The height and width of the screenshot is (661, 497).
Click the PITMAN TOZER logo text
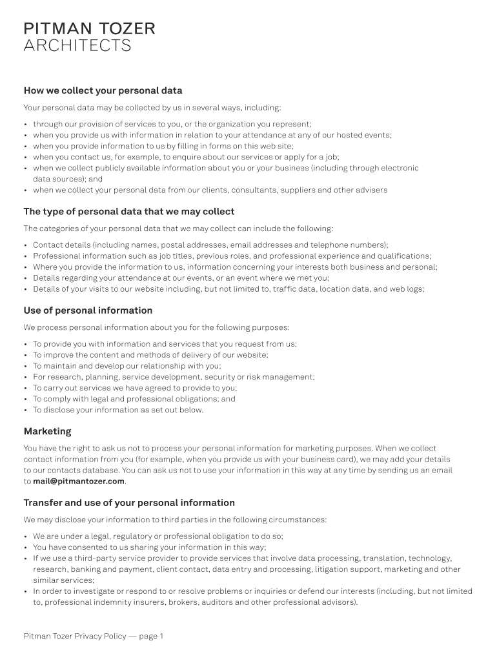[x=89, y=28]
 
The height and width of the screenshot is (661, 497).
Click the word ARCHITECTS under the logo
[x=77, y=46]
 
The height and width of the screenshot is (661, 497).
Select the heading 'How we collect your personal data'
[x=103, y=90]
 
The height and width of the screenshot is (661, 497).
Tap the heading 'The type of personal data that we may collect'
[x=129, y=212]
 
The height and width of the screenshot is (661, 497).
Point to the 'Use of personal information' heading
[x=88, y=310]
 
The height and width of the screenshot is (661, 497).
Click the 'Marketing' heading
[x=48, y=431]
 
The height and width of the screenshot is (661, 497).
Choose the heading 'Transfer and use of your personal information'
[x=129, y=503]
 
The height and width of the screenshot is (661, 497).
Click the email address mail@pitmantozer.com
[x=79, y=482]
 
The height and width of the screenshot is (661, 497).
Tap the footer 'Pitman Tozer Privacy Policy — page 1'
[x=94, y=636]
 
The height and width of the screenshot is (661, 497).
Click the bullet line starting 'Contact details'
[x=210, y=245]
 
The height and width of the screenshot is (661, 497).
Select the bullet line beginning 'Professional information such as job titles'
[x=232, y=256]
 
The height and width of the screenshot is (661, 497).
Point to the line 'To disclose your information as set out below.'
[x=118, y=410]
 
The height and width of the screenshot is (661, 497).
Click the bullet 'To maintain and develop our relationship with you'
[x=127, y=366]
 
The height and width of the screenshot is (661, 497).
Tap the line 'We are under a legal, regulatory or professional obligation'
[x=158, y=536]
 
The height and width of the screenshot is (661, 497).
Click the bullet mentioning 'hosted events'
[x=212, y=136]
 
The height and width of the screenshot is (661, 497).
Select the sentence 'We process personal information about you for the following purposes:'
[x=157, y=327]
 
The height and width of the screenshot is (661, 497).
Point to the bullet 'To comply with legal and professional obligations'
[x=134, y=399]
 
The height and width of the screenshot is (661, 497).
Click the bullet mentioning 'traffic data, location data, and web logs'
[x=228, y=289]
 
